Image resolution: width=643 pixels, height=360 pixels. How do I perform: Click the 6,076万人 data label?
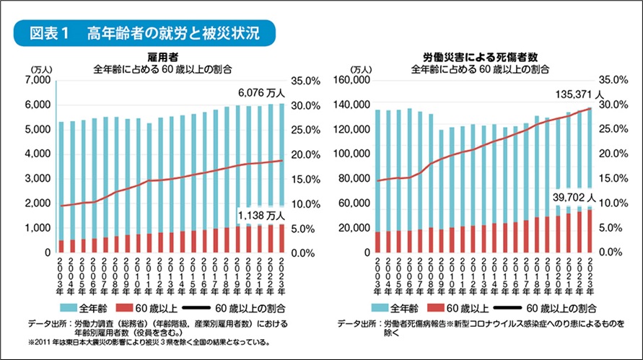click(x=263, y=93)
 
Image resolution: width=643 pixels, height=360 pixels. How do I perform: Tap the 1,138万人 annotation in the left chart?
click(x=263, y=215)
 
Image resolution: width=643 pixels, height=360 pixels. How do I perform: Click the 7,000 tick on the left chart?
click(x=36, y=81)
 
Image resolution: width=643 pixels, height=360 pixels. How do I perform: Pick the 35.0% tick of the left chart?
click(x=304, y=81)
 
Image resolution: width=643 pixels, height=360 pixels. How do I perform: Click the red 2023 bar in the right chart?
click(x=590, y=231)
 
